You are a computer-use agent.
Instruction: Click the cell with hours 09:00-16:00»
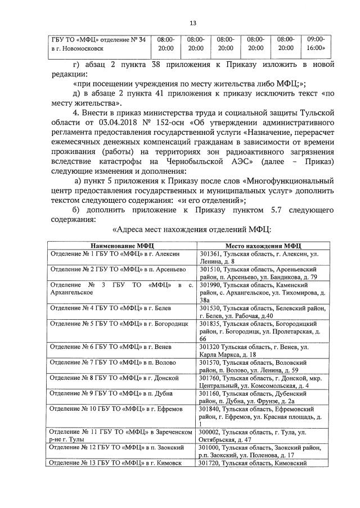(x=316, y=44)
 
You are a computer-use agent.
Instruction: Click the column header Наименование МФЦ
(x=121, y=246)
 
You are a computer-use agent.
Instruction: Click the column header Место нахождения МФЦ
(x=263, y=246)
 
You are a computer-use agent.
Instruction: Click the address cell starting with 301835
(x=262, y=331)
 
